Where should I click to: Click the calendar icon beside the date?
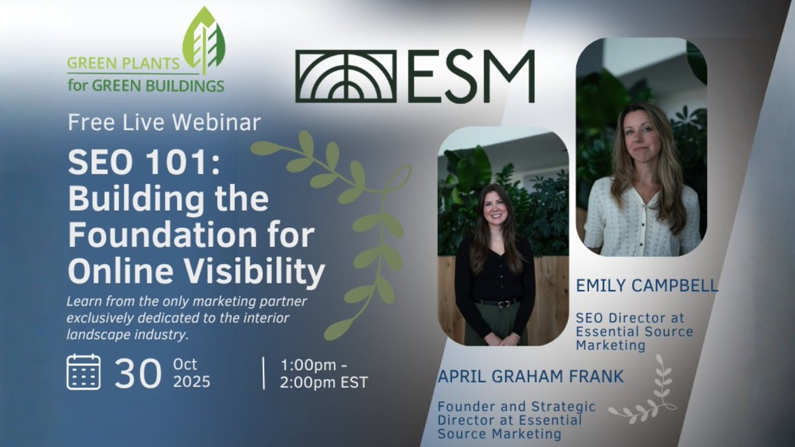(x=83, y=372)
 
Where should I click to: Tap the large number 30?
(x=138, y=374)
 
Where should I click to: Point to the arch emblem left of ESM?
(x=346, y=76)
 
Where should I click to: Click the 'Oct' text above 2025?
(x=186, y=364)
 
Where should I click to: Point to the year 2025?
(x=192, y=382)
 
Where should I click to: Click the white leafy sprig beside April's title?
(x=646, y=391)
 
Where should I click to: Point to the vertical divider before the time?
(x=264, y=373)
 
